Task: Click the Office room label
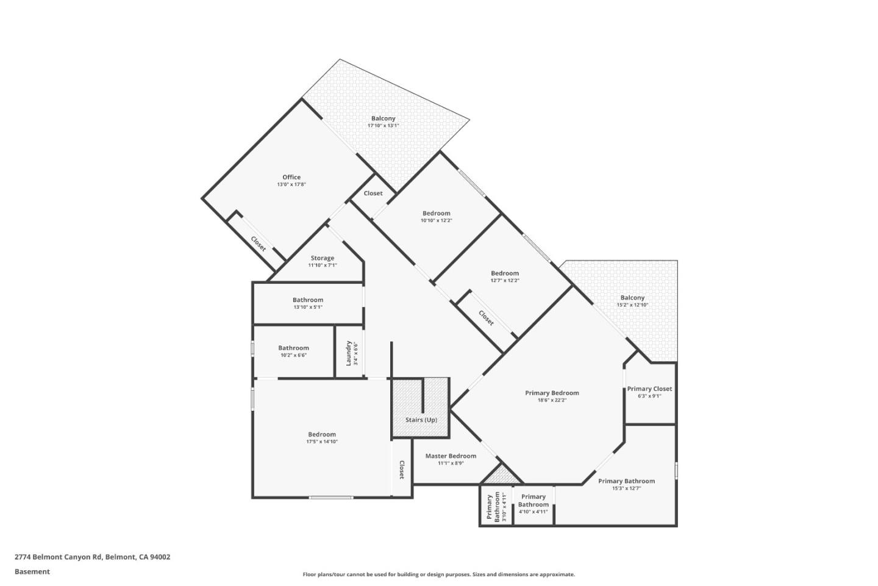291,177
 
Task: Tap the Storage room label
322,258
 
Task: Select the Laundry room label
349,353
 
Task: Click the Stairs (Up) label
421,420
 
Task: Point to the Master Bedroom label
451,456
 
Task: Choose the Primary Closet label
649,389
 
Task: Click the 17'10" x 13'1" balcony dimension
383,126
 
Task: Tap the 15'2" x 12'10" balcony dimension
632,305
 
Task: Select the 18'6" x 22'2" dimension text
552,400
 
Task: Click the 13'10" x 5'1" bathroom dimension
308,307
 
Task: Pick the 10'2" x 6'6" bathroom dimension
293,355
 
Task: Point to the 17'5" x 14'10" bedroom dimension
321,442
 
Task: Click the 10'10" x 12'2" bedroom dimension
436,220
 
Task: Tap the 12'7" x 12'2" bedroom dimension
504,281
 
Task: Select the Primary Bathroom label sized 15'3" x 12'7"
626,481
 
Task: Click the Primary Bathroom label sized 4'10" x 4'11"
533,501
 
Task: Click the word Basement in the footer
32,572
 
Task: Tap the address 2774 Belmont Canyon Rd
93,557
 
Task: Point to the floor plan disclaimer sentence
438,574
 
